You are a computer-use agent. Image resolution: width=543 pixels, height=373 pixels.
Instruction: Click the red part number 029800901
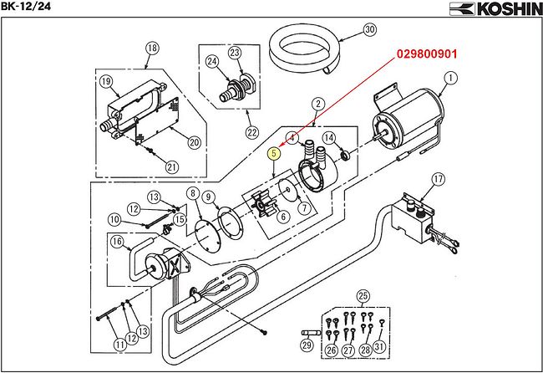pyautogui.click(x=427, y=54)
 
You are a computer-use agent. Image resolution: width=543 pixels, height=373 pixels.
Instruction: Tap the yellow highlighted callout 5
pyautogui.click(x=274, y=153)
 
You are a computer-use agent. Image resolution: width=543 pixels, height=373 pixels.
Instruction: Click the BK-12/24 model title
pyautogui.click(x=25, y=6)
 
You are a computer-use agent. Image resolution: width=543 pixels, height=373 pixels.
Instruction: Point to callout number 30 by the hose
pyautogui.click(x=370, y=29)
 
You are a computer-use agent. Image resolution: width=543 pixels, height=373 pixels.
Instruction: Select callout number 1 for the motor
pyautogui.click(x=450, y=78)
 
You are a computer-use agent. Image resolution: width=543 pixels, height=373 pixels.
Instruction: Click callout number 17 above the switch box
pyautogui.click(x=439, y=179)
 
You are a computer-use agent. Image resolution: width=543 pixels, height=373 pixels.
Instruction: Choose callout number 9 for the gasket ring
pyautogui.click(x=208, y=197)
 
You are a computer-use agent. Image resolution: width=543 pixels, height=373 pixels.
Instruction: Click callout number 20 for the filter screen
pyautogui.click(x=195, y=142)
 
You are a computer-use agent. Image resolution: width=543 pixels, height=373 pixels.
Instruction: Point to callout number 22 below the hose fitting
pyautogui.click(x=252, y=132)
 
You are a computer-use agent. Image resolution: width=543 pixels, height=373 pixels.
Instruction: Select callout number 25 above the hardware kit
pyautogui.click(x=363, y=296)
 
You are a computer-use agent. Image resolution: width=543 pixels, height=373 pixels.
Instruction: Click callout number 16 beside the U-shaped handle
pyautogui.click(x=118, y=241)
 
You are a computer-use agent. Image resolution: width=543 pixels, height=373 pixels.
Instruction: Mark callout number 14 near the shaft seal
pyautogui.click(x=328, y=138)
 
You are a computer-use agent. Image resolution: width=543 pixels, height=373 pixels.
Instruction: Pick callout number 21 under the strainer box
pyautogui.click(x=172, y=167)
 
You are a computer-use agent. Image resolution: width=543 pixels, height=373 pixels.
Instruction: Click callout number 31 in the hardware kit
pyautogui.click(x=380, y=347)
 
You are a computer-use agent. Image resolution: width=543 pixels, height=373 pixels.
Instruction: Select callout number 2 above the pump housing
pyautogui.click(x=318, y=104)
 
